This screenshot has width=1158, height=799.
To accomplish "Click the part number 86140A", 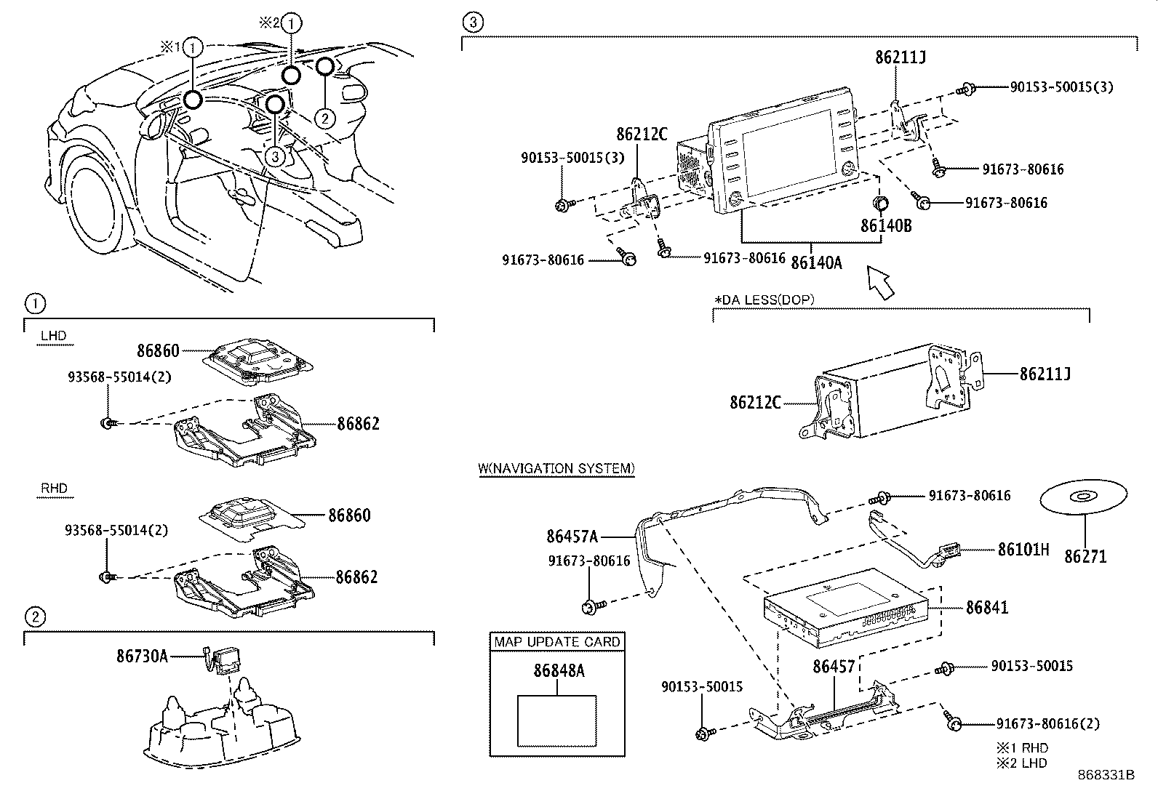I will pos(816,262).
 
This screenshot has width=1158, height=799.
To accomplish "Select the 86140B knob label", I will pos(886,225).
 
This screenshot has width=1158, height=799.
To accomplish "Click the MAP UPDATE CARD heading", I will pos(557,642).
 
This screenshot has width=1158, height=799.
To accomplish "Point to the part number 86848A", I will pos(558,671).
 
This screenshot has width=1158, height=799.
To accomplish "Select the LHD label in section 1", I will pos(53,335).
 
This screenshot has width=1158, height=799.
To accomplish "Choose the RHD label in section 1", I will pos(53,488).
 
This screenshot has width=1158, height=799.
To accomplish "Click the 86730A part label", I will pos(142,657).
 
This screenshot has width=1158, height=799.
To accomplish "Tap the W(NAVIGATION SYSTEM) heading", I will pos(556,468).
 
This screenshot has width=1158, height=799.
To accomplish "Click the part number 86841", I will pos(987,607).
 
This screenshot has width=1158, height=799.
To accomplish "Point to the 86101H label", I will pos(1023,549).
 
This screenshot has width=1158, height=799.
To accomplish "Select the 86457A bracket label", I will pos(572,537).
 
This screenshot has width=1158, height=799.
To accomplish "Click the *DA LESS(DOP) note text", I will pos(764,300).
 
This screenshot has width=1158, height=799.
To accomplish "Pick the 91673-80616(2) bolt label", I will pos(1047,723).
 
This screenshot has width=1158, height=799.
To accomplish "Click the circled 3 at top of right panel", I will pos(472,23).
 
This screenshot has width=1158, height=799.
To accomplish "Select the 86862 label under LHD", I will pos(358,424).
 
